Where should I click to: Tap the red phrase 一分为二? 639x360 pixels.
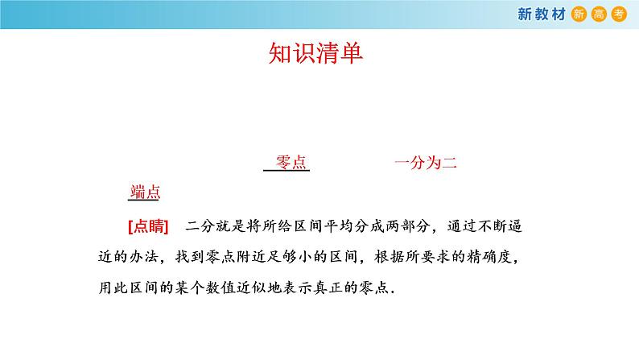[426, 162]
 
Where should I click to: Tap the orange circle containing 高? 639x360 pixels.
[599, 14]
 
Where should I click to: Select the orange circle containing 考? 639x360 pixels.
[618, 14]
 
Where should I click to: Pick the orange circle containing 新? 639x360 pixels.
[579, 14]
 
